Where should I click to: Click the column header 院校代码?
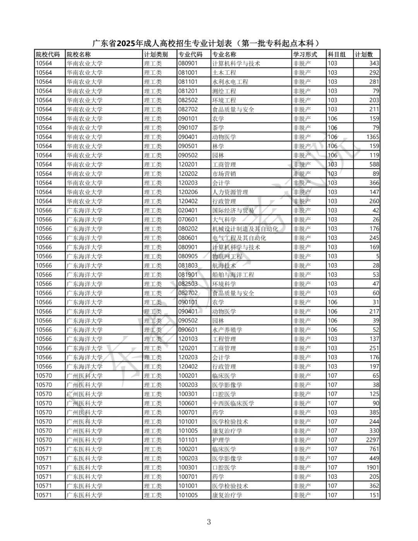click(x=48, y=55)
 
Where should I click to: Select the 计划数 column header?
click(x=364, y=55)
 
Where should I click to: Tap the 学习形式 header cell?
click(x=305, y=55)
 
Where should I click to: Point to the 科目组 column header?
click(x=337, y=55)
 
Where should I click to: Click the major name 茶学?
click(x=218, y=128)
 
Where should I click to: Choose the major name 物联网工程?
click(x=227, y=256)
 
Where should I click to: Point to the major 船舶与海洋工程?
click(x=233, y=275)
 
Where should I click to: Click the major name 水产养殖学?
click(x=227, y=330)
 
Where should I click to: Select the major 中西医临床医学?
click(x=233, y=403)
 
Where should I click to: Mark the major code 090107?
click(x=188, y=128)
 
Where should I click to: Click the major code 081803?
click(x=188, y=266)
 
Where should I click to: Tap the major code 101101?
click(x=188, y=440)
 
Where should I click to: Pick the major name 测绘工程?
click(x=224, y=91)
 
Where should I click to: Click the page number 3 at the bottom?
click(x=209, y=522)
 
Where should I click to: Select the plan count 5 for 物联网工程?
click(x=377, y=256)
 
